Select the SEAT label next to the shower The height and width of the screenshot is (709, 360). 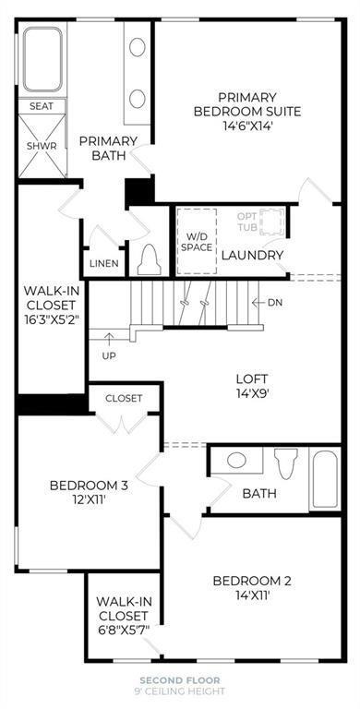42,106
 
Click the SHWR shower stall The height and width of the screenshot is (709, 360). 42,147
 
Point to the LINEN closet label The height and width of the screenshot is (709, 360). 104,263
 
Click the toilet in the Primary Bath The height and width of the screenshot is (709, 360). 148,261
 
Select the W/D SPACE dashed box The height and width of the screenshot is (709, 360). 196,241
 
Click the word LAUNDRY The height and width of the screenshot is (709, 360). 251,255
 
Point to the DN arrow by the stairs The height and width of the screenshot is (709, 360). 267,303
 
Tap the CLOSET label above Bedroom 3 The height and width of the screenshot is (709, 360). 124,398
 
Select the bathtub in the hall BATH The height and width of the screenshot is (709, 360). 324,478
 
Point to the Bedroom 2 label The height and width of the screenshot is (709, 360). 252,588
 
